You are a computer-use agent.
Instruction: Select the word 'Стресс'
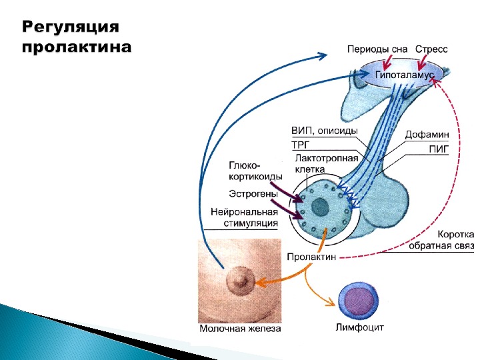coord(432,50)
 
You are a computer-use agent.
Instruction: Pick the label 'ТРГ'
coord(301,145)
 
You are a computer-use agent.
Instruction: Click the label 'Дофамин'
coord(427,135)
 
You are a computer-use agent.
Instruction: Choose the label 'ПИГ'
coord(438,151)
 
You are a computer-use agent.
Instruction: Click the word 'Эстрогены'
coord(253,193)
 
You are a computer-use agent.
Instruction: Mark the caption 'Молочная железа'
coord(240,329)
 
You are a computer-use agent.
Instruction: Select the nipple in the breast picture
coord(237,281)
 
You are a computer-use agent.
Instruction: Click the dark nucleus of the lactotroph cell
coord(320,205)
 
